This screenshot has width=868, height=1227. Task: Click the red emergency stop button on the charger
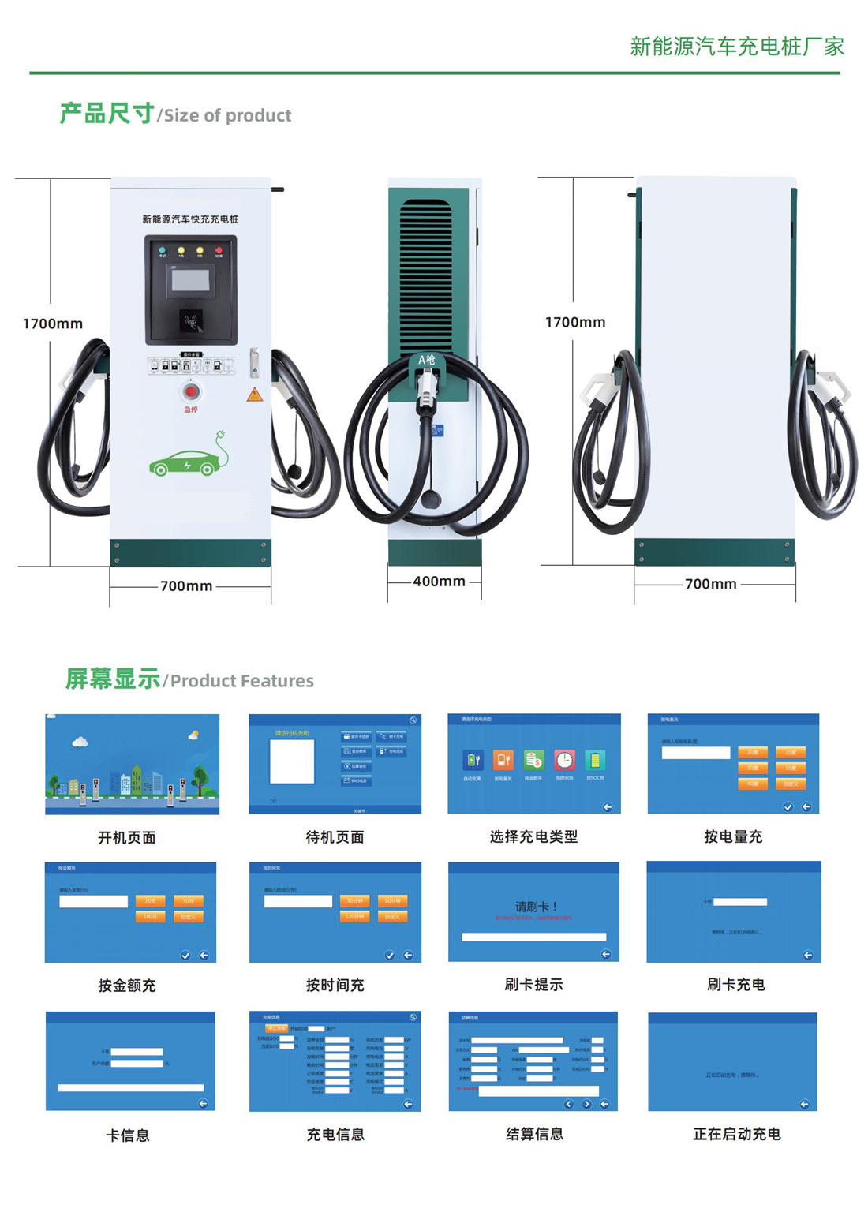pos(191,391)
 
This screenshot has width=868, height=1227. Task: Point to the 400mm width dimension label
pos(439,582)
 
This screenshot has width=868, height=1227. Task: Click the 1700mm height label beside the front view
pos(53,324)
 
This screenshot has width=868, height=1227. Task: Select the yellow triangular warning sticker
pos(254,395)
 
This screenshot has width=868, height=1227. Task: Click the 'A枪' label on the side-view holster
pos(427,360)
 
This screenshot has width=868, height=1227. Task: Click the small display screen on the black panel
pos(191,280)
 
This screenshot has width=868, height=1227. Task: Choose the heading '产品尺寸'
pos(107,114)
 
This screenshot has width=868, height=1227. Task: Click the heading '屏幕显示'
pos(112,679)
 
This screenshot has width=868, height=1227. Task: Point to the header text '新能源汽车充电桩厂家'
pos(737,47)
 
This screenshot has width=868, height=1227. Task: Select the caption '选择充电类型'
pos(534,836)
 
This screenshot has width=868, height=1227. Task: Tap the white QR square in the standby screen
pos(292,761)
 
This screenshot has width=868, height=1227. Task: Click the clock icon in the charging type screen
pos(564,760)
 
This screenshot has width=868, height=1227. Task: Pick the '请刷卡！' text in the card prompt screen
pos(536,907)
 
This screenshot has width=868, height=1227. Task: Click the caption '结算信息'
pos(534,1134)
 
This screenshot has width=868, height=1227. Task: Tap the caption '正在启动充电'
pos(736,1134)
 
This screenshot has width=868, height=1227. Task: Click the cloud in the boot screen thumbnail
pos(80,742)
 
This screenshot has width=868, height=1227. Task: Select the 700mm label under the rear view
pos(710,584)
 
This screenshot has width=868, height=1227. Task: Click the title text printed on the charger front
pos(190,219)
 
